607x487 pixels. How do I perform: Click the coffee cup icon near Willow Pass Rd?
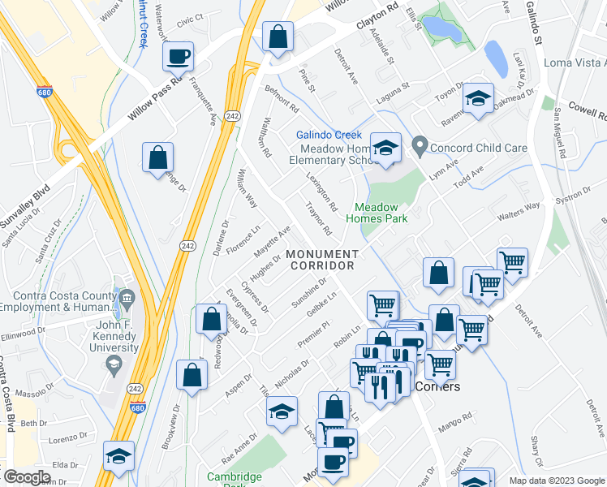click(178, 57)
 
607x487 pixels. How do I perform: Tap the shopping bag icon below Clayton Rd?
click(278, 37)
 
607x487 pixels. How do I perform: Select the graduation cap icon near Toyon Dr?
click(478, 99)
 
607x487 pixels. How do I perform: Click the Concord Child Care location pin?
click(420, 147)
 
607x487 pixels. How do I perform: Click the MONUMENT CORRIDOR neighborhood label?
click(321, 260)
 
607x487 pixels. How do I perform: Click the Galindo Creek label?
click(329, 135)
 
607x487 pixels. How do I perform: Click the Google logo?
click(27, 477)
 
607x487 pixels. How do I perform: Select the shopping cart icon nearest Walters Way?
click(512, 262)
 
